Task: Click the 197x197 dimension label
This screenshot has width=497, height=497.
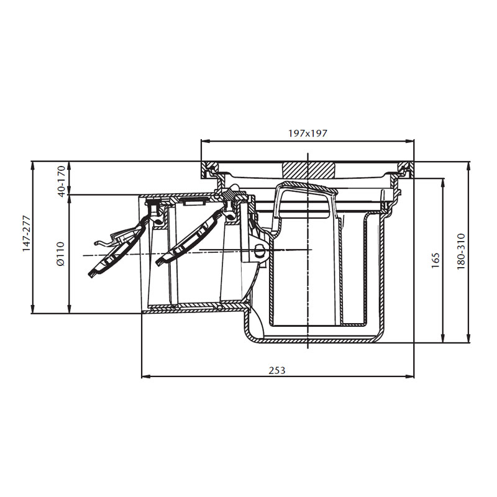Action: [x=308, y=133]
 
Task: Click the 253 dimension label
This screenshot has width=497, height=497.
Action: [x=277, y=370]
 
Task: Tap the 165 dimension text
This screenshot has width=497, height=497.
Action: [x=435, y=260]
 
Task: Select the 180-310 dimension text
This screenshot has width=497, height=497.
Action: [x=461, y=252]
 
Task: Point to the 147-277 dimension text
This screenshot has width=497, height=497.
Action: [x=27, y=234]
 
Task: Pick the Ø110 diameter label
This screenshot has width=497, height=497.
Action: [x=60, y=254]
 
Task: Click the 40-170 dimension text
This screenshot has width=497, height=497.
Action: [x=62, y=181]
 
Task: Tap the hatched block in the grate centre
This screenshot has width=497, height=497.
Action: [x=309, y=170]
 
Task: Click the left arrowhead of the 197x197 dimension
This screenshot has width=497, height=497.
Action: [x=205, y=141]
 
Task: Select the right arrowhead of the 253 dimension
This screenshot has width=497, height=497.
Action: [x=410, y=376]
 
